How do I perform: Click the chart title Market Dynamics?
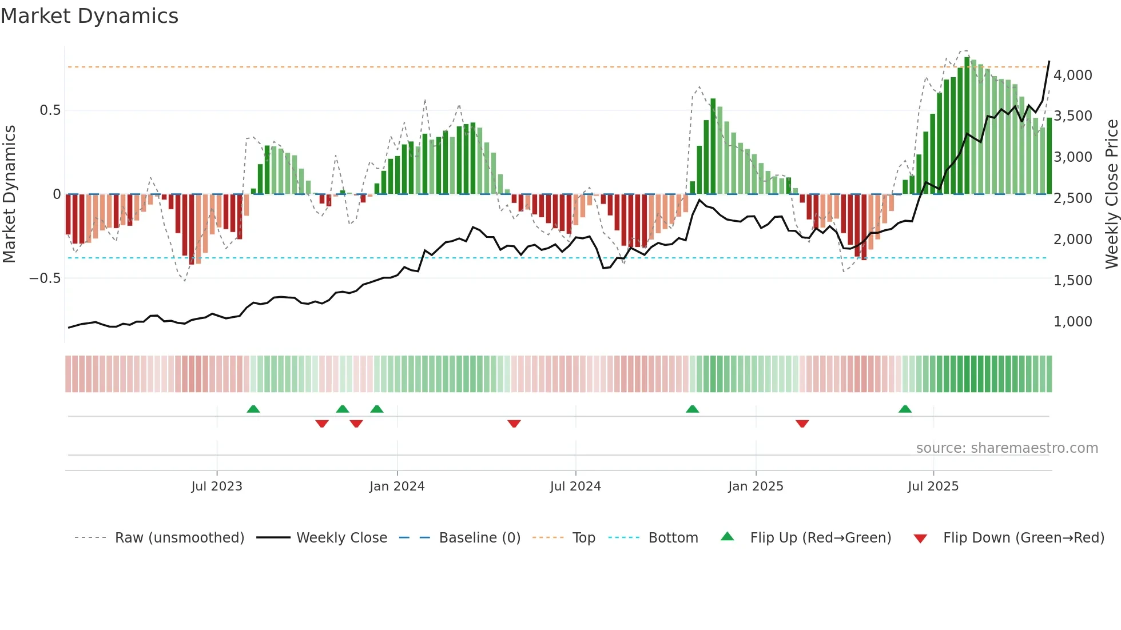90,16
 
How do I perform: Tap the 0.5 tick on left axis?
50,110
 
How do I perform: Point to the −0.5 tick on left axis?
45,278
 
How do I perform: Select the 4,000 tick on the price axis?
1072,75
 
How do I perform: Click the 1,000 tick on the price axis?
1072,322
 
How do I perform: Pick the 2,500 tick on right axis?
1072,198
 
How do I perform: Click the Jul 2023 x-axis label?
217,487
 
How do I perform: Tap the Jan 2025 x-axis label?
756,487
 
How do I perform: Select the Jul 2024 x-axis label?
575,487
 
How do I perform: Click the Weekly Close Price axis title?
1111,194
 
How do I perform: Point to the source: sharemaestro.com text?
1007,448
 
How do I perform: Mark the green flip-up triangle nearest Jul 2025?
905,409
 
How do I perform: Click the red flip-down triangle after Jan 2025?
802,424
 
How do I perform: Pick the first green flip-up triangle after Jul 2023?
253,409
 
